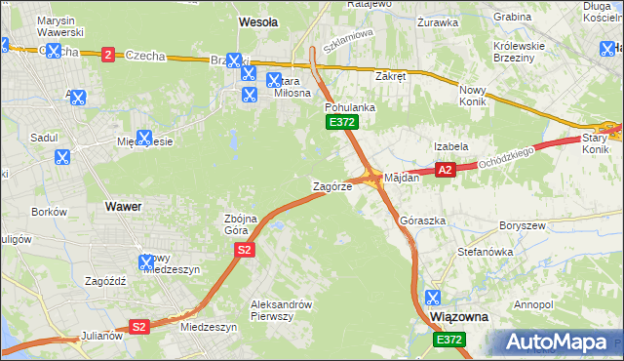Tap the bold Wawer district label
(x=122, y=207)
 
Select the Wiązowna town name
(x=459, y=318)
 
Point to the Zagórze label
(x=331, y=185)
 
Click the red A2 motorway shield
(x=446, y=170)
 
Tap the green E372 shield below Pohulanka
(x=342, y=122)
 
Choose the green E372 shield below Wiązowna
(x=450, y=339)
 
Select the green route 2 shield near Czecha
(x=106, y=56)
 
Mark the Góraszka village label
(x=422, y=221)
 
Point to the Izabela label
(x=451, y=145)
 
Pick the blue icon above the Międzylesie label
(x=144, y=138)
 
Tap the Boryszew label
(x=520, y=225)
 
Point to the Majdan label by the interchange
(x=401, y=178)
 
